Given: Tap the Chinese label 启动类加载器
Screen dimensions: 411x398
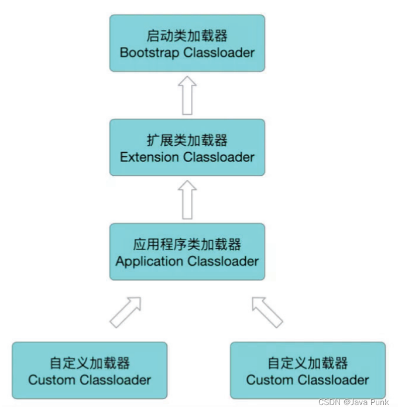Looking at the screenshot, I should (187, 36).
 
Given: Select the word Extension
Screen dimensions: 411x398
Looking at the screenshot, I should (149, 157).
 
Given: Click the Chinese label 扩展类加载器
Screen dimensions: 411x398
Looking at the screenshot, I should (187, 141).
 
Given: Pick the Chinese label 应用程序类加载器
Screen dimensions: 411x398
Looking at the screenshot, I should (187, 245).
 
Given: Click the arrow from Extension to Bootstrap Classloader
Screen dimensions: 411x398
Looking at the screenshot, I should (187, 95).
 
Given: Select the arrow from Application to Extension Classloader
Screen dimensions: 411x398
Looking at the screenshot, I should (187, 199).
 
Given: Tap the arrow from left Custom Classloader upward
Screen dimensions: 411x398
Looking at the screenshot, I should (126, 310).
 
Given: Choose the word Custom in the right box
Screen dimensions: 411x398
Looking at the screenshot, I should (269, 379).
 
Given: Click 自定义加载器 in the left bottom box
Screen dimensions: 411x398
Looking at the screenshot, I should (90, 363).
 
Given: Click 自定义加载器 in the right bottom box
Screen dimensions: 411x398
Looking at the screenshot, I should (308, 363).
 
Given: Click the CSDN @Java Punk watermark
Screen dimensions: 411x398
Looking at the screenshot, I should (354, 402).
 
